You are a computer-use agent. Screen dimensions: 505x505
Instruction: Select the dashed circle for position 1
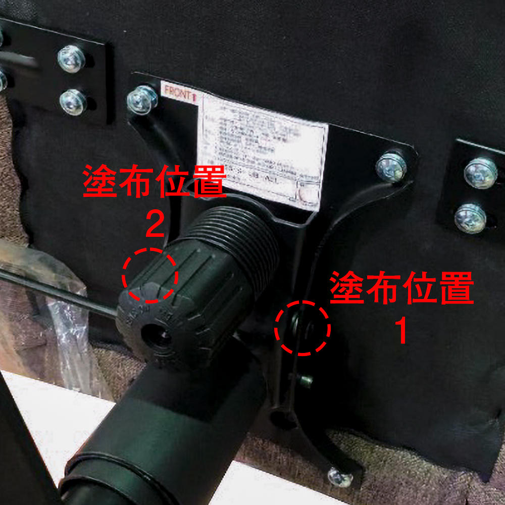[302, 328]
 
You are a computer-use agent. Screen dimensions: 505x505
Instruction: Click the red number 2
[154, 225]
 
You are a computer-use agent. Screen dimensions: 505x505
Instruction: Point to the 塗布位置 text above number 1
[401, 288]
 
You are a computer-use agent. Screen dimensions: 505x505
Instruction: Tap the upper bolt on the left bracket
[71, 59]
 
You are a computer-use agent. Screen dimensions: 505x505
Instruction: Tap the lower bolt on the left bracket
[73, 102]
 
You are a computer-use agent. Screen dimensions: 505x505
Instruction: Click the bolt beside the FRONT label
[142, 99]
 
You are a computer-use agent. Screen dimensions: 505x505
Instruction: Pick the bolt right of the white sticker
[391, 167]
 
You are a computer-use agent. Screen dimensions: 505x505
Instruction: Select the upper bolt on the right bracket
[480, 173]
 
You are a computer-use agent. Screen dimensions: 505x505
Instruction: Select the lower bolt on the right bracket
[470, 218]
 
